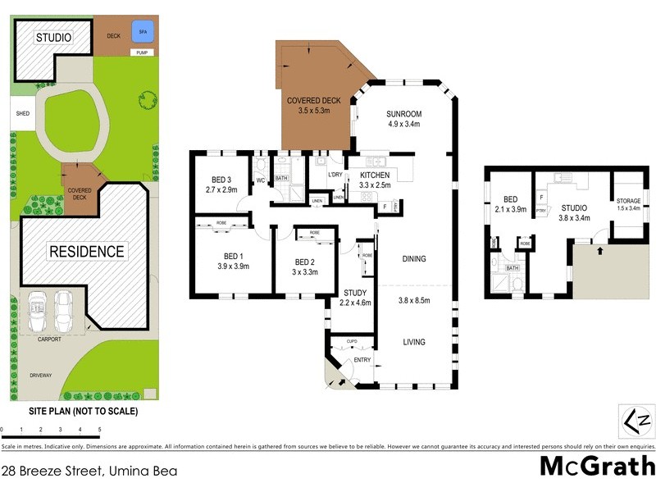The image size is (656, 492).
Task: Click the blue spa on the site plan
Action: (143, 34)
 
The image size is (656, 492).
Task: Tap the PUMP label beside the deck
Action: (142, 52)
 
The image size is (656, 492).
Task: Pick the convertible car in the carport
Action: (38, 311)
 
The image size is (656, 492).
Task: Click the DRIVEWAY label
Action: (40, 376)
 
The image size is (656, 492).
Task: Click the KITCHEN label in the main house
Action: (375, 175)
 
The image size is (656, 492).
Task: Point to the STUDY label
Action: (355, 292)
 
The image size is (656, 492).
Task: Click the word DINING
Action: (414, 259)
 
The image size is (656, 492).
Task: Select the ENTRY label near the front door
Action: (362, 361)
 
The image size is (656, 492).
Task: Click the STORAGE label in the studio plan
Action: (629, 201)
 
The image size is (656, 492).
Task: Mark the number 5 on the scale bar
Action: (99, 429)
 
